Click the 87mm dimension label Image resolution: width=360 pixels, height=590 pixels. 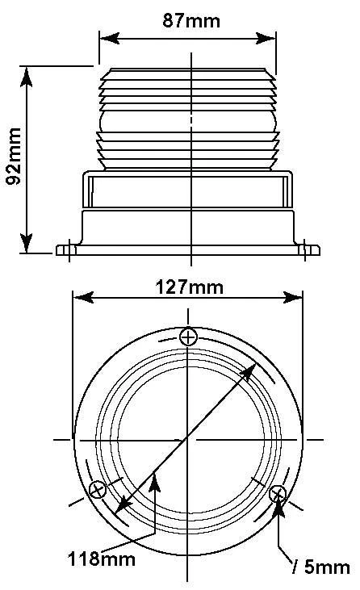click(x=191, y=21)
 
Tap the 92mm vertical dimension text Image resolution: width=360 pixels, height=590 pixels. click(x=14, y=156)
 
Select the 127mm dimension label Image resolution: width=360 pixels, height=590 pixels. click(x=189, y=287)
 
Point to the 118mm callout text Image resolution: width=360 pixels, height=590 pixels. click(x=102, y=559)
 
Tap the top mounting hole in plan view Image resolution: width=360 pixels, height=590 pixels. click(x=188, y=337)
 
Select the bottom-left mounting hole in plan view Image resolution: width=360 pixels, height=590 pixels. click(x=98, y=490)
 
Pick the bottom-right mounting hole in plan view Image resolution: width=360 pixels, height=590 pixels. click(x=278, y=494)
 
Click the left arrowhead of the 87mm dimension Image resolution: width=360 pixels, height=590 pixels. click(x=110, y=38)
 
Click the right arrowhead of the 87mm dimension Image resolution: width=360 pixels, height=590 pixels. click(x=266, y=38)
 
